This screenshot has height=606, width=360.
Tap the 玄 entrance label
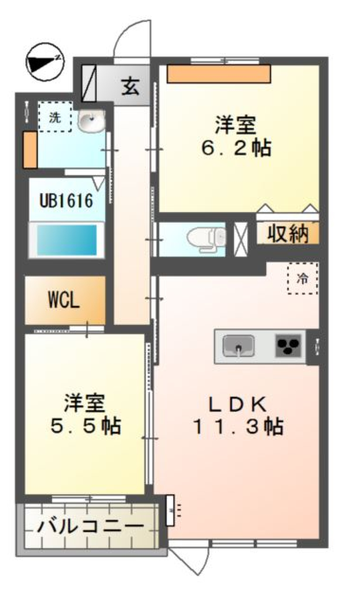tap(130, 86)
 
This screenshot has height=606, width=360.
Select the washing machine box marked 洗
tap(55, 117)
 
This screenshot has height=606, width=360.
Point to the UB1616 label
tap(66, 201)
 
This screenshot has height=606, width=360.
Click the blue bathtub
tap(67, 240)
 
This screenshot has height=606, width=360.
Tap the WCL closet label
tap(64, 300)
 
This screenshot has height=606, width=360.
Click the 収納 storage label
tap(288, 234)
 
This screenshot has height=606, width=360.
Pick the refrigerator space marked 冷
tap(303, 279)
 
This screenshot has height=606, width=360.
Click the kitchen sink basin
tap(238, 345)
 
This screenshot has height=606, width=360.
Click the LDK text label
tap(237, 404)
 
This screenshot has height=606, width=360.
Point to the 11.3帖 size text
tap(238, 426)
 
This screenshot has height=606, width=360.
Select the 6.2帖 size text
tap(236, 148)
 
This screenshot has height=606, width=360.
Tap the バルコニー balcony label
tap(90, 527)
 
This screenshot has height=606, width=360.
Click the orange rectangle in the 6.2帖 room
tap(219, 74)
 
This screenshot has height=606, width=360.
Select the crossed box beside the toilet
tap(241, 240)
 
